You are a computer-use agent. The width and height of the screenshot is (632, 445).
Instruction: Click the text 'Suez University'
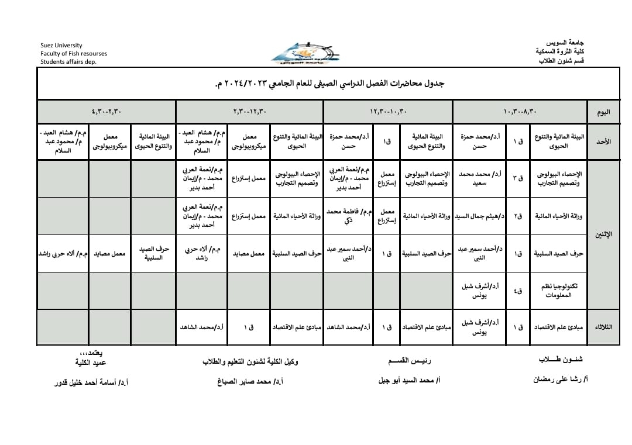coord(61,45)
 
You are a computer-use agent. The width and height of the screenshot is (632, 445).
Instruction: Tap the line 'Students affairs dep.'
coord(68,61)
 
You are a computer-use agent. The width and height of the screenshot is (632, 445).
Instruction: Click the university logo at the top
coord(301,53)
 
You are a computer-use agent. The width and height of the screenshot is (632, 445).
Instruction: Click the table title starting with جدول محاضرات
coord(330,84)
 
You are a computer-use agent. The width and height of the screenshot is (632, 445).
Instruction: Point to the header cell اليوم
coord(603,112)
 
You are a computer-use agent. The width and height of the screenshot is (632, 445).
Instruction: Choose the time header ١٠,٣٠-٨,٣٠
coord(520,112)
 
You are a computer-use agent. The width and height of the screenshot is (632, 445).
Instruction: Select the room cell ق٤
coord(518,291)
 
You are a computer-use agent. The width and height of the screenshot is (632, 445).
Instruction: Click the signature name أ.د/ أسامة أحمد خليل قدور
coord(91,382)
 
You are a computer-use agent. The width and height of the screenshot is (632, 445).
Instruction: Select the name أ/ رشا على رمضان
coord(559,379)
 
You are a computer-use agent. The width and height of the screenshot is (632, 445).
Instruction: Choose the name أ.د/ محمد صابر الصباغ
coord(250,381)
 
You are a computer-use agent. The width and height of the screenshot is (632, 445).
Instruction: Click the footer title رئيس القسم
coord(414,361)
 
